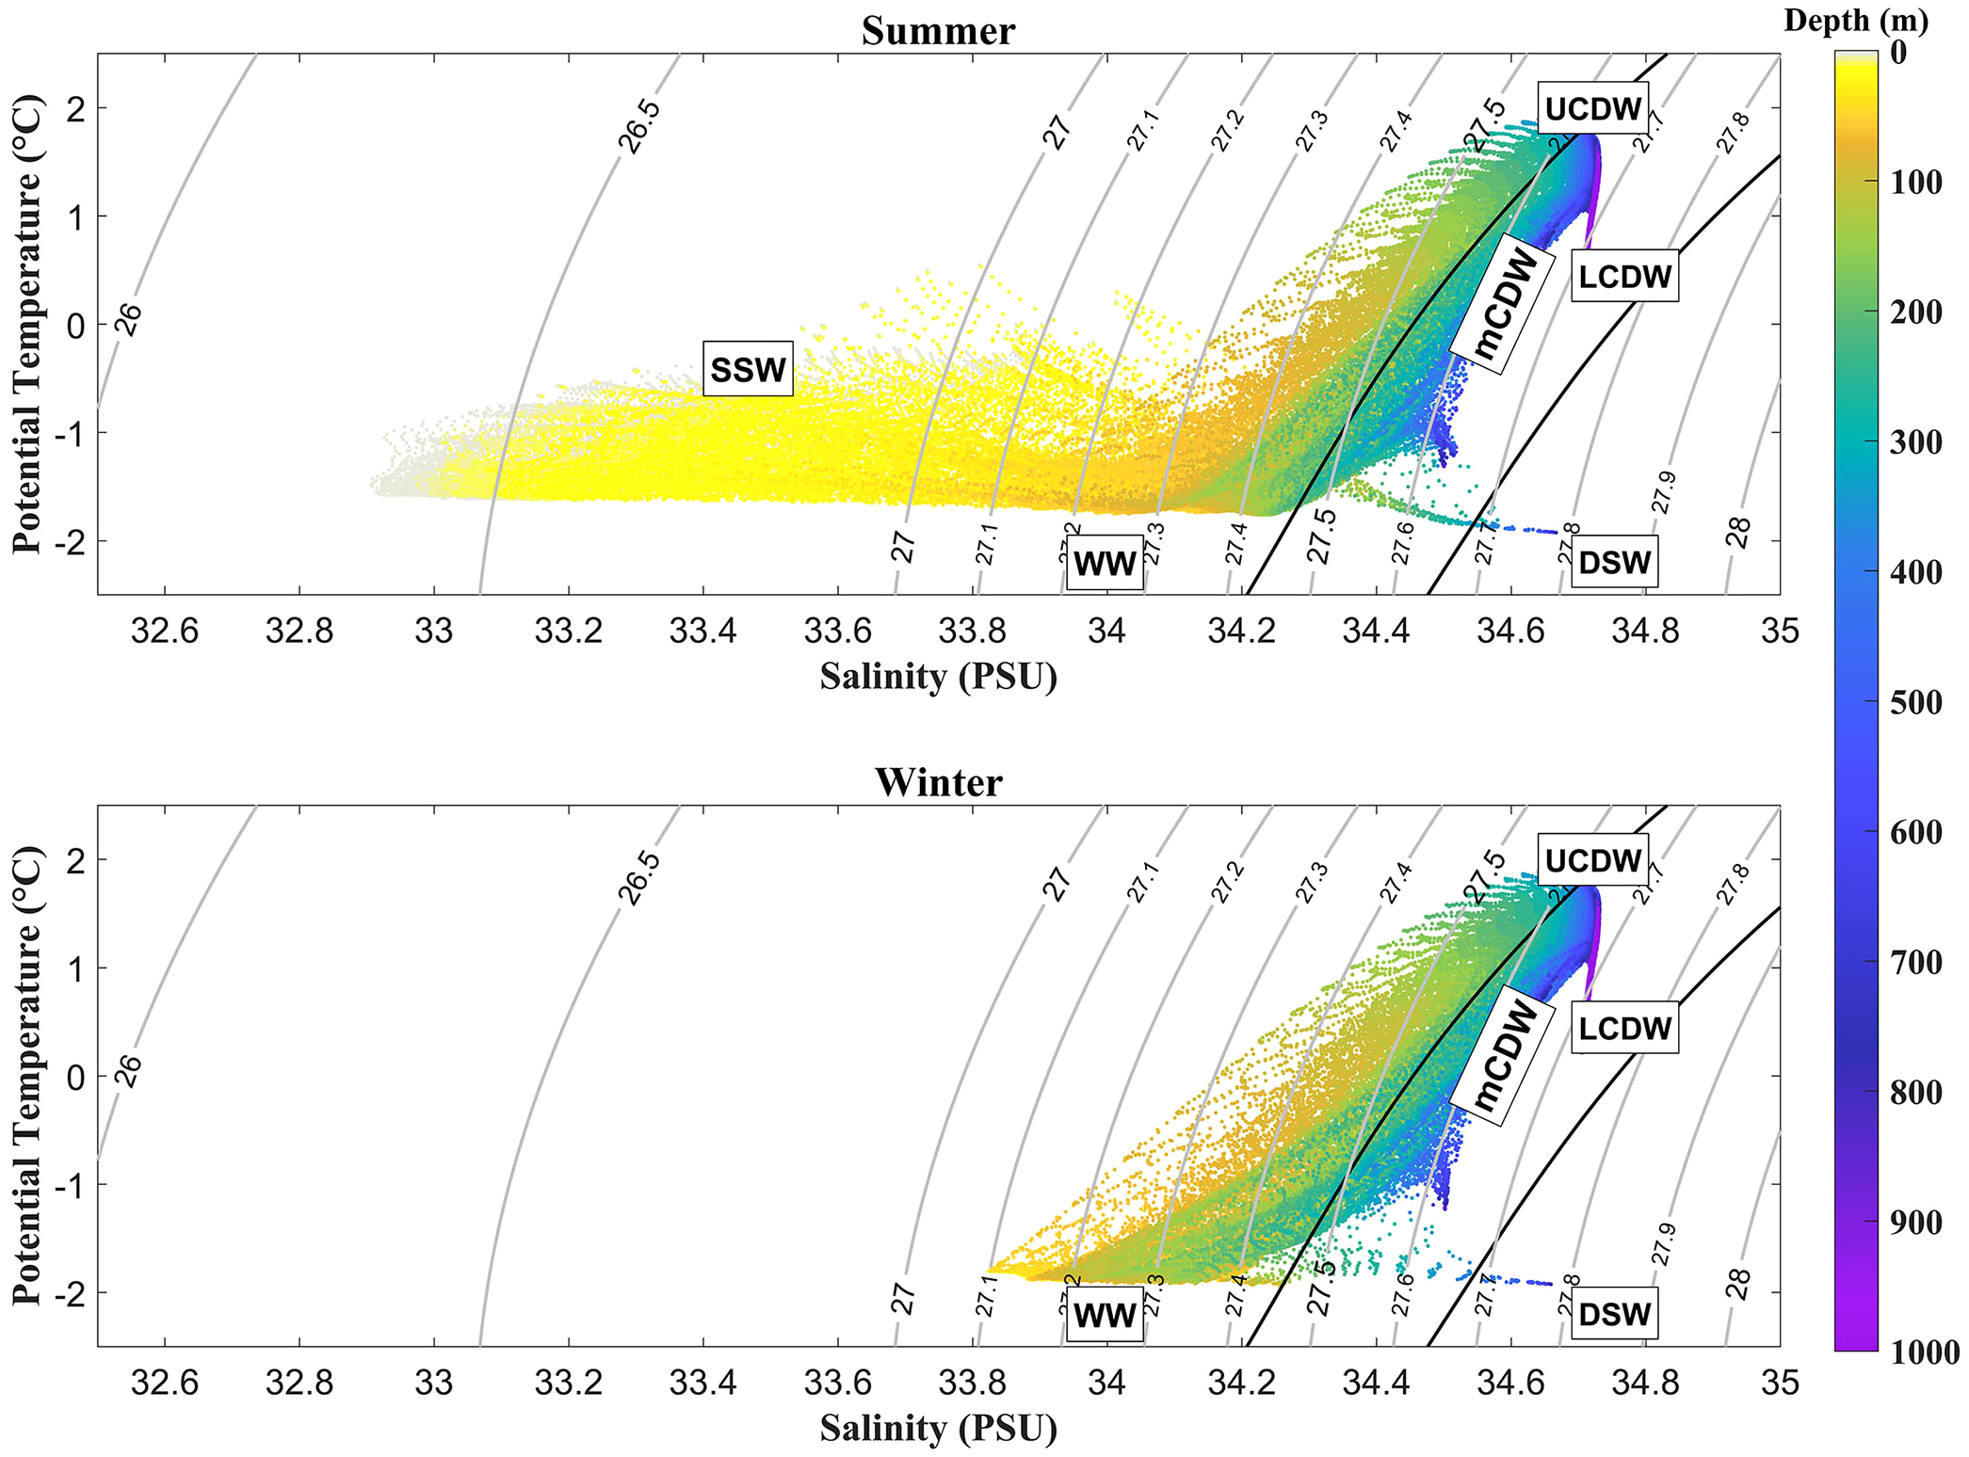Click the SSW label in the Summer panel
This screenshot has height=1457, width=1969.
pos(748,370)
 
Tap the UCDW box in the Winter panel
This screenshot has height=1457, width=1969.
pos(1593,860)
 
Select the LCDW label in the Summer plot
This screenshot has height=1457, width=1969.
pos(1625,276)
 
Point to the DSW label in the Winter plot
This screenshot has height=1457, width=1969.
pos(1614,1314)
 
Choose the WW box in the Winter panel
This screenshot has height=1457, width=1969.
pos(1105,1316)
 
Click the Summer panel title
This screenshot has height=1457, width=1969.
pos(938,31)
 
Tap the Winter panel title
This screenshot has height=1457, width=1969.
pos(938,782)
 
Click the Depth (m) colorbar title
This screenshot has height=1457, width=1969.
pos(1855,21)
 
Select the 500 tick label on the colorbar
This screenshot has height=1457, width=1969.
pos(1915,702)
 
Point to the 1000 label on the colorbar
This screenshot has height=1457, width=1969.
pos(1924,1353)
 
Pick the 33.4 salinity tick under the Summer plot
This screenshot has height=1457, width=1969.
pos(702,631)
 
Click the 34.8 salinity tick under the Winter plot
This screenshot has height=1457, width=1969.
pos(1645,1383)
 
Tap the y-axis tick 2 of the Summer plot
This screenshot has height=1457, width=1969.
pos(75,108)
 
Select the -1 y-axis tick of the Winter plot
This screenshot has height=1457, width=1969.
pos(70,1185)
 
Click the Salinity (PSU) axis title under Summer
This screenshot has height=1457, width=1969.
pos(938,677)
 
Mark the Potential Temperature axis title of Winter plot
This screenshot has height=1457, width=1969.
pos(28,1075)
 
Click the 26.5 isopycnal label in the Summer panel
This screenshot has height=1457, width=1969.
pos(639,127)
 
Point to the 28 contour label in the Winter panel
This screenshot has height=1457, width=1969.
pos(1738,1284)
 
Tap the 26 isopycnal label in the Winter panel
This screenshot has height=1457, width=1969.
pos(128,1071)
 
